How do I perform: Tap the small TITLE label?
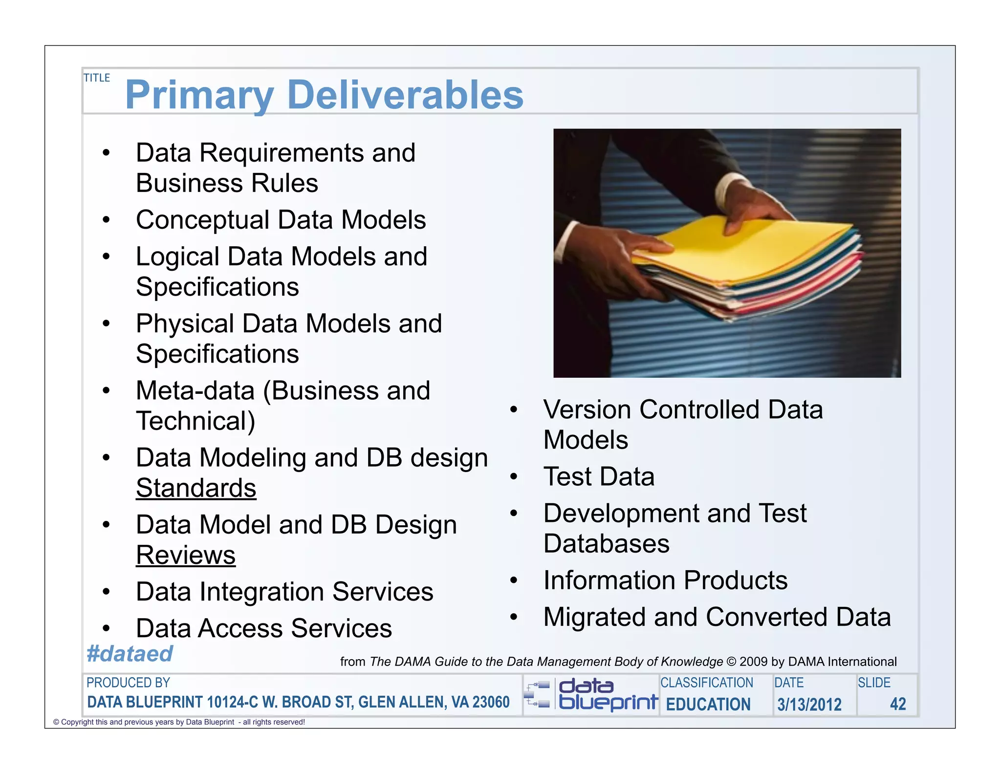pos(97,78)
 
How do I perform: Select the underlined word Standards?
pos(196,488)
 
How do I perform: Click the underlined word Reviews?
pos(186,555)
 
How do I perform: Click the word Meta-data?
pos(195,390)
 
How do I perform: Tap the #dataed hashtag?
pos(130,654)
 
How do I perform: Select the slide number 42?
pos(898,704)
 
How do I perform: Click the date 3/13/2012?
pos(809,704)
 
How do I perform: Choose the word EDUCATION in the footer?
pos(708,704)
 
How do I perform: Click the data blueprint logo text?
pos(608,694)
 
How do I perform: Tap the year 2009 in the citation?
pos(754,662)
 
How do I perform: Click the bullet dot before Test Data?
pos(513,476)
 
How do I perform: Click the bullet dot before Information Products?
pos(513,580)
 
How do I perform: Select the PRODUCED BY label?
pos(128,683)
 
